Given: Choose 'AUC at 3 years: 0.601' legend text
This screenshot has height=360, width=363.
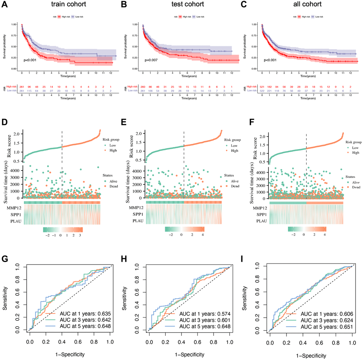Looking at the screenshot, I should coord(202,321).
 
